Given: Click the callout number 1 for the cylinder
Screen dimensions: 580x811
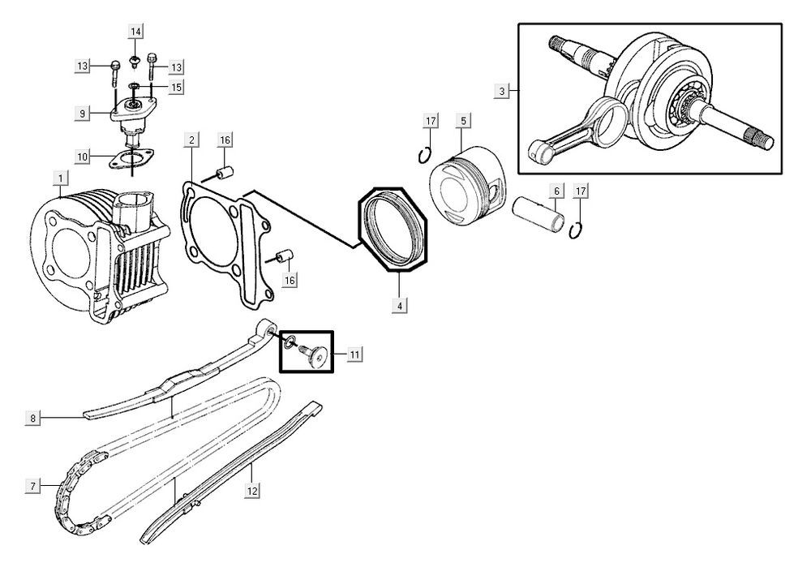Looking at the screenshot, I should pyautogui.click(x=59, y=177).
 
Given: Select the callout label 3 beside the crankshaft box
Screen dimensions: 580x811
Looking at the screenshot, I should pyautogui.click(x=502, y=92).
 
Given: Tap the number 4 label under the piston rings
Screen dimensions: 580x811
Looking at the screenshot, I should pyautogui.click(x=400, y=306).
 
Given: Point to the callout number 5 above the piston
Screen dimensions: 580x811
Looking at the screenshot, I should pyautogui.click(x=463, y=121).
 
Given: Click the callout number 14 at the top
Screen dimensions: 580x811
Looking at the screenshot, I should pyautogui.click(x=135, y=32).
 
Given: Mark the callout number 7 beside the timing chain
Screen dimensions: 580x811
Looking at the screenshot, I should pyautogui.click(x=33, y=486).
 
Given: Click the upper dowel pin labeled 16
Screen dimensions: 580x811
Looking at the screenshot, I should pyautogui.click(x=225, y=174).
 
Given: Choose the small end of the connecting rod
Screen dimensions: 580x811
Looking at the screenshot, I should pyautogui.click(x=536, y=148).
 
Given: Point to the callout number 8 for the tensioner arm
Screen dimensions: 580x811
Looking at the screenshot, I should pyautogui.click(x=33, y=419).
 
